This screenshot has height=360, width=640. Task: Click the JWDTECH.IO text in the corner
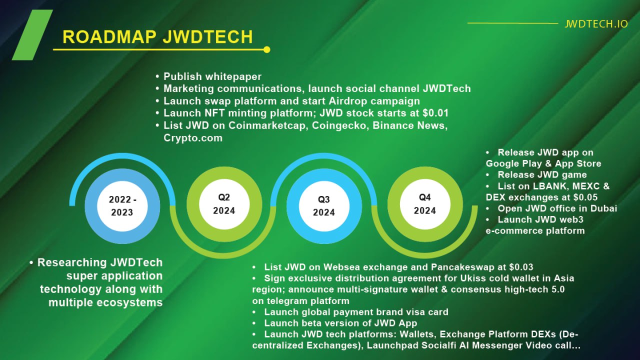coord(596,23)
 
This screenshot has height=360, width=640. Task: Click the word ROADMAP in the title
coord(109,37)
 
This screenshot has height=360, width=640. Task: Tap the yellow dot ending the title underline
coord(266,49)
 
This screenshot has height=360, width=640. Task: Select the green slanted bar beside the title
coord(32,35)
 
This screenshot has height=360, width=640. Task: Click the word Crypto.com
coord(193,138)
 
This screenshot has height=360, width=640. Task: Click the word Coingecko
coord(339,125)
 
